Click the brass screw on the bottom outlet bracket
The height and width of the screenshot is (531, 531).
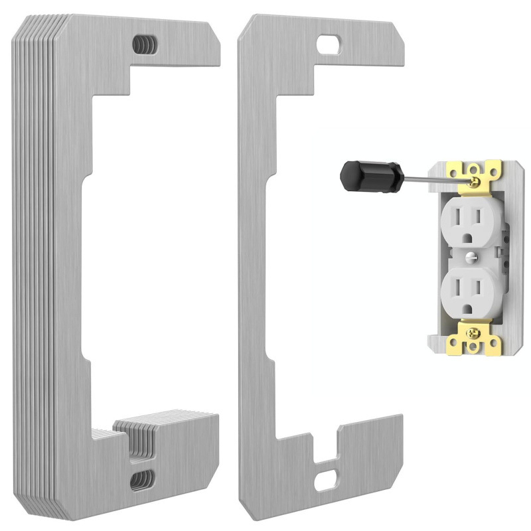(473, 330)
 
